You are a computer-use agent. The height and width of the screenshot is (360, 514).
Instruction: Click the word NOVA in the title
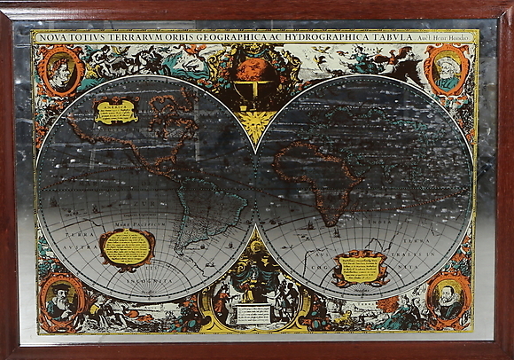(x=51, y=38)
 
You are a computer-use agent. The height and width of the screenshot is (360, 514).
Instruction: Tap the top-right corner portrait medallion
(x=447, y=70)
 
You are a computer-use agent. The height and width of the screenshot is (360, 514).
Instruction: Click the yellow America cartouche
(x=117, y=109)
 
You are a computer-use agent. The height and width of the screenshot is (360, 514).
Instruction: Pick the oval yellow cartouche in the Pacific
(x=128, y=247)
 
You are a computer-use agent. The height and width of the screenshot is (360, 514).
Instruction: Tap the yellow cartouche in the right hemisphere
(x=360, y=267)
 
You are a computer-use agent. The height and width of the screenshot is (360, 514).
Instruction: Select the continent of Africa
(x=323, y=177)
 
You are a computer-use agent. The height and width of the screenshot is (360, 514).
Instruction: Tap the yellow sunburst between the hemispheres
(x=255, y=124)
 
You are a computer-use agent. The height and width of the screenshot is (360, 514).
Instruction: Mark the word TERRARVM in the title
(x=133, y=38)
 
